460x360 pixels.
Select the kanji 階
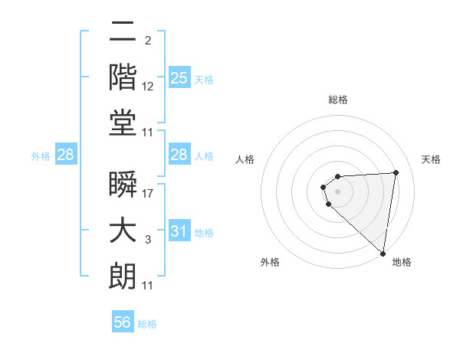(123, 77)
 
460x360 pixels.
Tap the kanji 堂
(123, 123)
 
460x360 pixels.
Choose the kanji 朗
(123, 277)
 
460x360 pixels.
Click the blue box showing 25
(179, 78)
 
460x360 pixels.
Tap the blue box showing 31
(179, 231)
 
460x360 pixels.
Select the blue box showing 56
(123, 322)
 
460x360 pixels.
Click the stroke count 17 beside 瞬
(149, 194)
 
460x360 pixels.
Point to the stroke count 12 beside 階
(149, 86)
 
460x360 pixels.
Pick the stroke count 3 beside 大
(147, 240)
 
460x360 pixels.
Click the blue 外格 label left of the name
(41, 155)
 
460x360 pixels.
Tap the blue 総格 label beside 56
(147, 324)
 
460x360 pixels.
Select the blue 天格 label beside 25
(204, 80)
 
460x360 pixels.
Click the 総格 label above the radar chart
(338, 100)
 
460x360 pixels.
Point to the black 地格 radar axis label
(402, 262)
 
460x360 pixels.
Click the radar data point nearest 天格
(396, 172)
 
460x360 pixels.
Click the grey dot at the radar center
(337, 191)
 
